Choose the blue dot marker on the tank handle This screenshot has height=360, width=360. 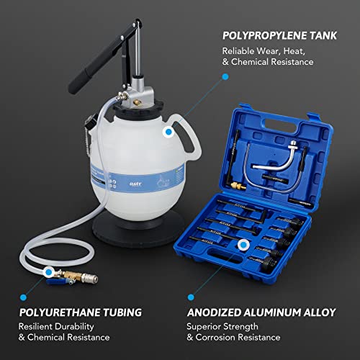[168, 131]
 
